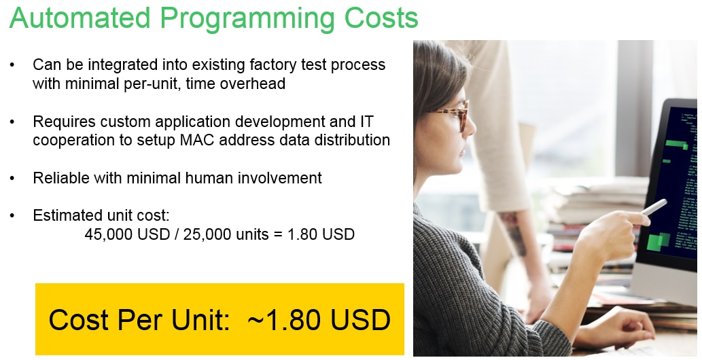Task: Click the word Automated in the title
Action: click(80, 18)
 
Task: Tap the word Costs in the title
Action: click(381, 18)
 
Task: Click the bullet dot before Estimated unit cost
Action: click(12, 216)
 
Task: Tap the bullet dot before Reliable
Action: click(12, 178)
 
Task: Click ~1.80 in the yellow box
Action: click(284, 320)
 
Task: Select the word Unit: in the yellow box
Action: click(200, 320)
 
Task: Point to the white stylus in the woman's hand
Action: click(654, 206)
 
